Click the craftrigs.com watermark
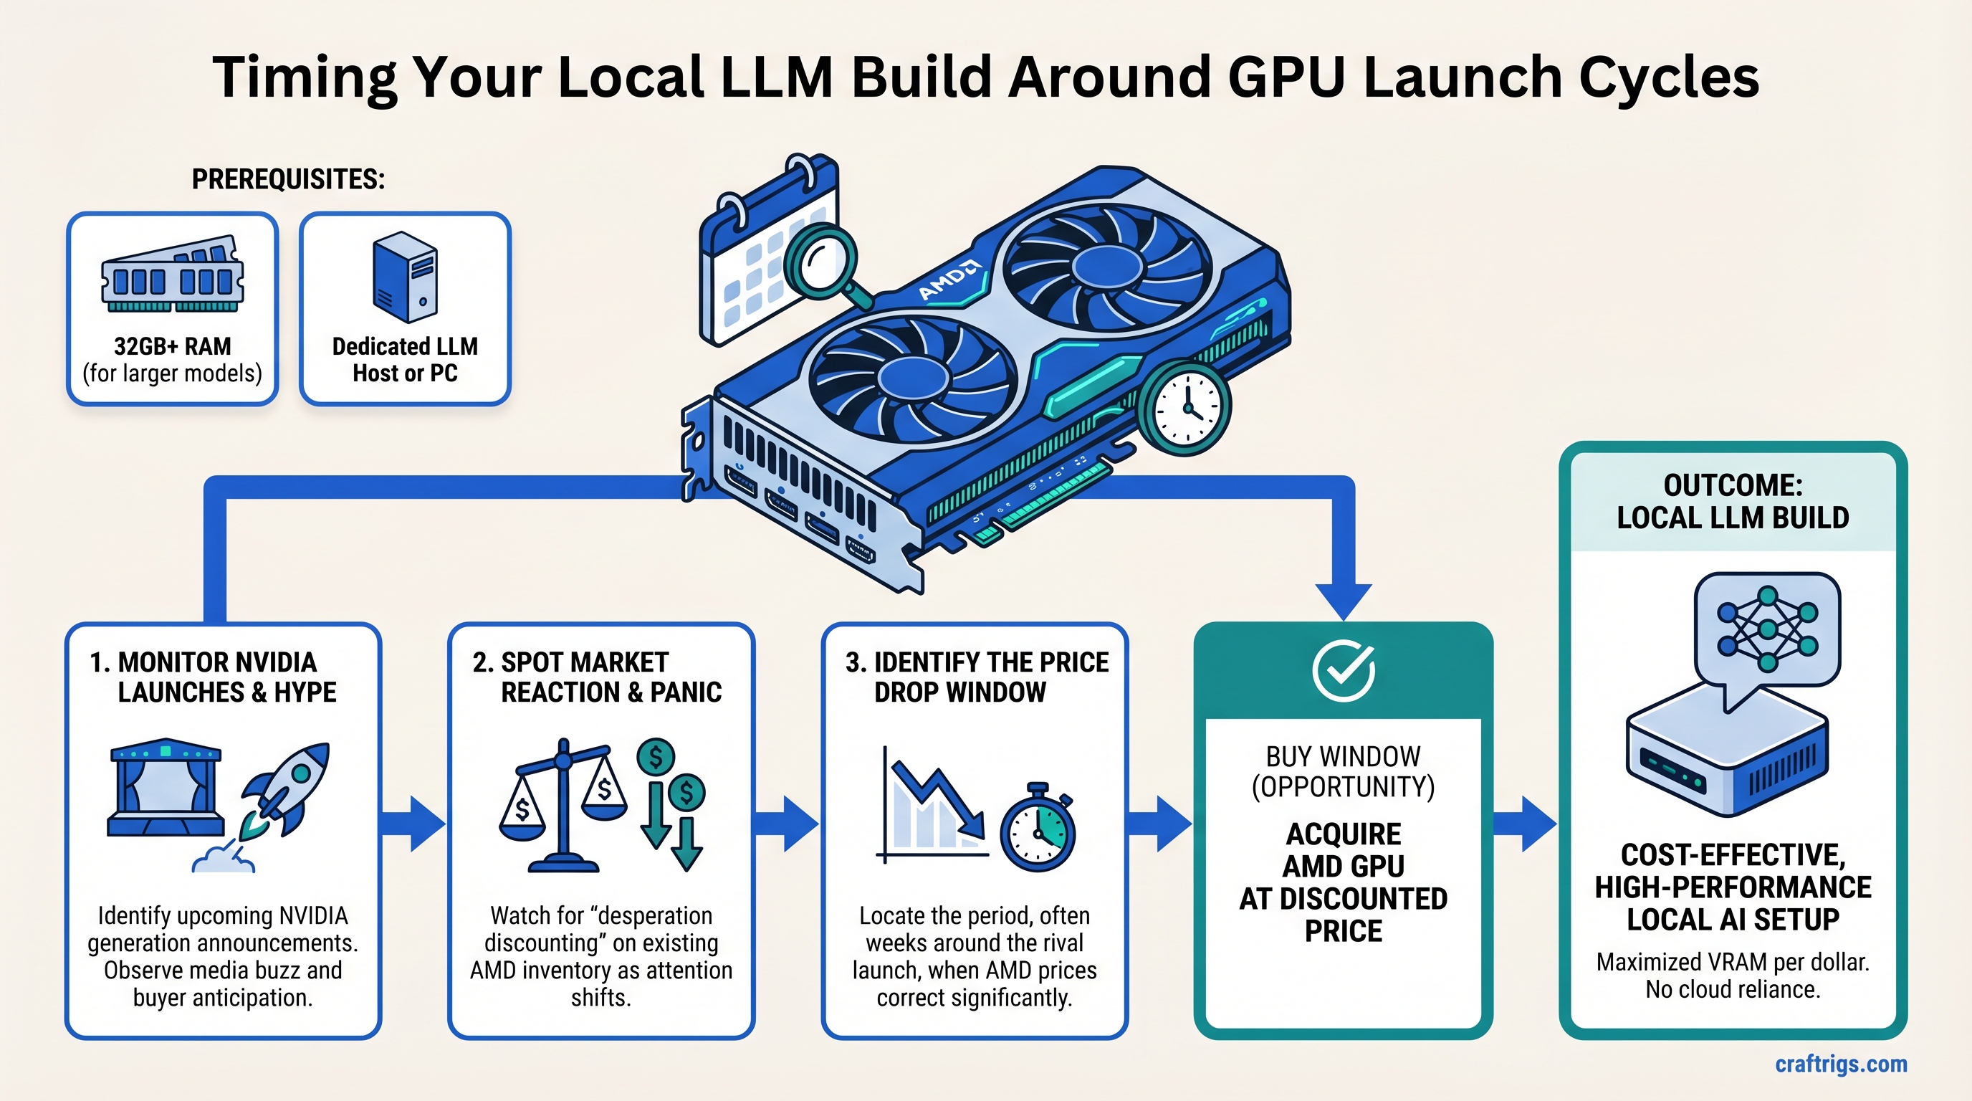(x=1840, y=1064)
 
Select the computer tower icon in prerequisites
(x=405, y=277)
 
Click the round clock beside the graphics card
(x=1184, y=409)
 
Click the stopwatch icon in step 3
(x=1038, y=830)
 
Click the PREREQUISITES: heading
(x=288, y=179)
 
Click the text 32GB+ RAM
(x=172, y=346)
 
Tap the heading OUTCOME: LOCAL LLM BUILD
(x=1733, y=502)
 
